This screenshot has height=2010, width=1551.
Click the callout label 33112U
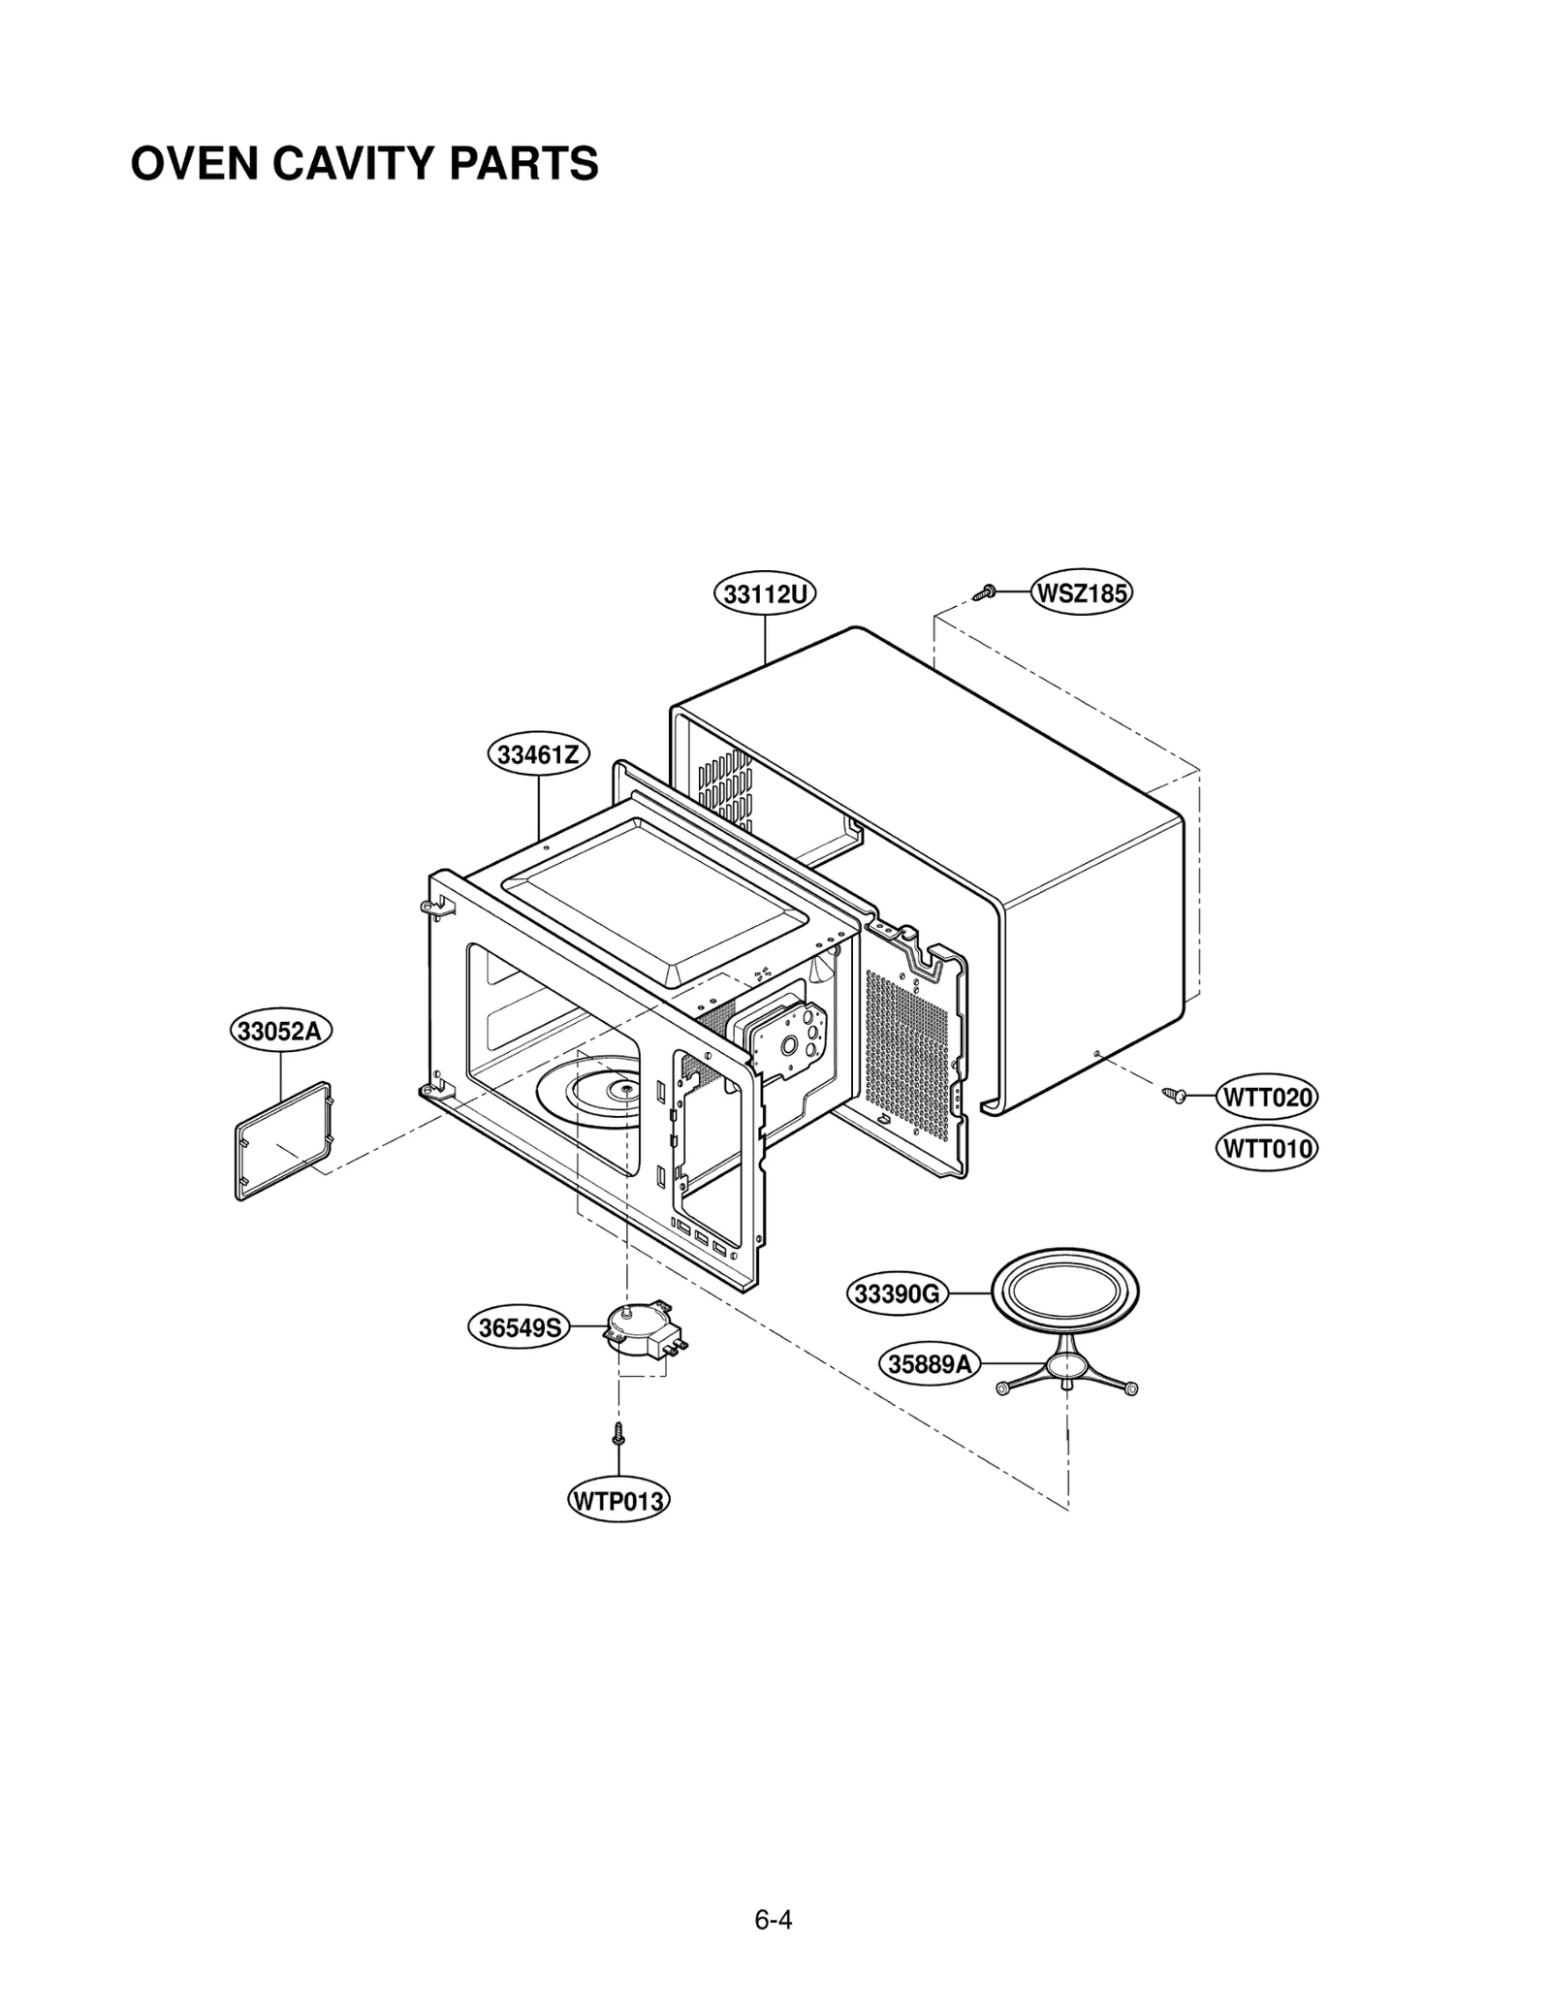(x=765, y=593)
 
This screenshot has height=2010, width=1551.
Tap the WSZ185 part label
(x=1082, y=591)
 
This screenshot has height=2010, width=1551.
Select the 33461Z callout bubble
(x=538, y=754)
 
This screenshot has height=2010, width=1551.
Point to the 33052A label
(x=280, y=1030)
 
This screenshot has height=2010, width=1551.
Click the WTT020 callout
(x=1266, y=1098)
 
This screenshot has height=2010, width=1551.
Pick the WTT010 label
(x=1266, y=1150)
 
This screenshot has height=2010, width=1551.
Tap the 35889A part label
(x=930, y=1364)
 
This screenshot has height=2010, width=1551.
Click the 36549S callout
(x=520, y=1327)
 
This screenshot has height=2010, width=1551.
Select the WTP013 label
(x=618, y=1501)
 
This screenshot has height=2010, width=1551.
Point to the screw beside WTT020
(x=1176, y=1095)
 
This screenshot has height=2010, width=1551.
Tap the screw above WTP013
(x=617, y=1433)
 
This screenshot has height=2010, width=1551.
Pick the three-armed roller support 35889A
(x=1065, y=1369)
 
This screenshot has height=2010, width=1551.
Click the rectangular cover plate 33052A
(x=283, y=1142)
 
